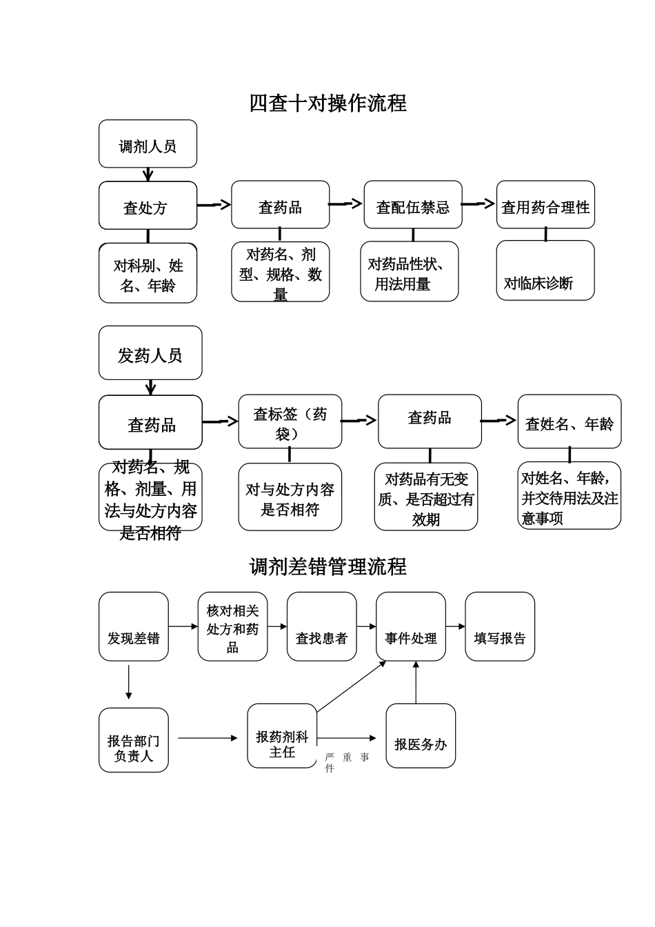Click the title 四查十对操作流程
(x=327, y=103)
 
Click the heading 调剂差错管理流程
(x=327, y=567)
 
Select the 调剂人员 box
(x=148, y=144)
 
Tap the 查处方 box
(x=148, y=206)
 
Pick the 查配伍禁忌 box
(x=412, y=205)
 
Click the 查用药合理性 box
(x=545, y=205)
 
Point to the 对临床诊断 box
(x=545, y=270)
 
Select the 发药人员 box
(x=150, y=353)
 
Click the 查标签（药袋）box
(x=290, y=421)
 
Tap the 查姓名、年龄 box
(x=569, y=422)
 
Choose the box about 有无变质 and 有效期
(x=426, y=497)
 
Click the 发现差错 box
(x=133, y=626)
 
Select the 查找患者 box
(x=321, y=626)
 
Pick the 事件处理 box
(x=410, y=626)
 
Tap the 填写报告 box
(x=499, y=626)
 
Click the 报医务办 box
(x=420, y=736)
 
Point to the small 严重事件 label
(x=347, y=762)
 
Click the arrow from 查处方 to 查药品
(x=214, y=205)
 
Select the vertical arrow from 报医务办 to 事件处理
(x=416, y=682)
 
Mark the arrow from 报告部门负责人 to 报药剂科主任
(x=208, y=738)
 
